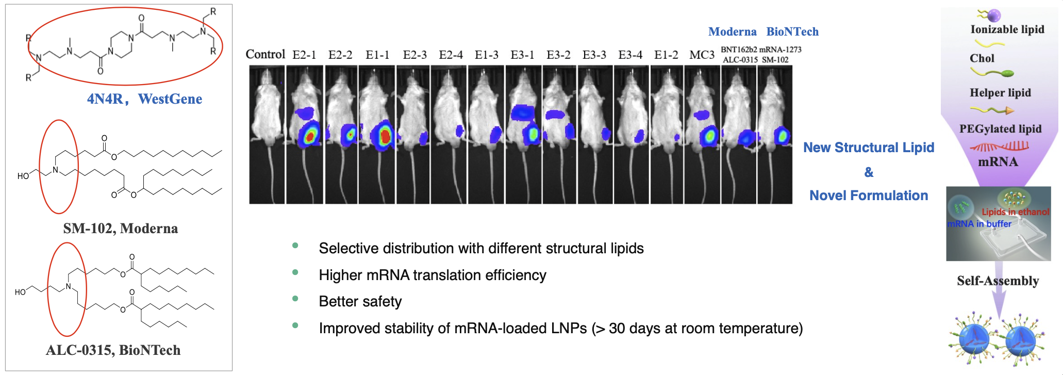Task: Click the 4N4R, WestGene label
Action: pyautogui.click(x=144, y=99)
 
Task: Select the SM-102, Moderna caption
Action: pyautogui.click(x=121, y=228)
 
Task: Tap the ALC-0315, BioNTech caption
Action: pyautogui.click(x=113, y=350)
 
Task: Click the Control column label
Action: pyautogui.click(x=265, y=54)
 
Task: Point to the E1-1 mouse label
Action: pyautogui.click(x=377, y=55)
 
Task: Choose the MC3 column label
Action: pyautogui.click(x=702, y=55)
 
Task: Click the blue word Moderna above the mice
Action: pyautogui.click(x=733, y=31)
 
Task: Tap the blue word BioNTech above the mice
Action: pyautogui.click(x=792, y=31)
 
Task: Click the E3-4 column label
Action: pyautogui.click(x=630, y=55)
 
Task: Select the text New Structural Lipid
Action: pyautogui.click(x=869, y=148)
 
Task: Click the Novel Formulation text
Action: pyautogui.click(x=869, y=195)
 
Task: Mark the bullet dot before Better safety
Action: pyautogui.click(x=295, y=299)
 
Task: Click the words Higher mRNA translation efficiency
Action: pyautogui.click(x=433, y=275)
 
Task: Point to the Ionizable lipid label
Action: pyautogui.click(x=1007, y=29)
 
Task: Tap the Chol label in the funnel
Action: pyautogui.click(x=982, y=58)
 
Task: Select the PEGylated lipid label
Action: pyautogui.click(x=1000, y=128)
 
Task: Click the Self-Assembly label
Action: pyautogui.click(x=998, y=281)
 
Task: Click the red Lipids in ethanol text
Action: pyautogui.click(x=1016, y=211)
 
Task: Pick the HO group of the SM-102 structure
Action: pyautogui.click(x=23, y=176)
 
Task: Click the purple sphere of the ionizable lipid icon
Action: pyautogui.click(x=994, y=15)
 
